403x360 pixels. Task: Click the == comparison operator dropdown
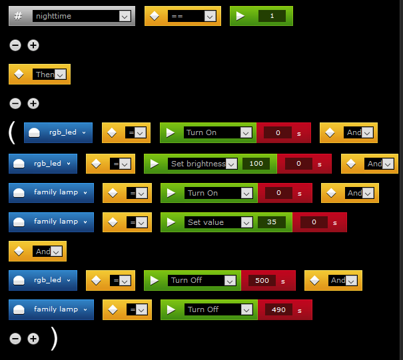(x=192, y=16)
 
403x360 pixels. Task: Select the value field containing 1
(x=272, y=16)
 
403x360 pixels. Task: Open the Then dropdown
(x=49, y=75)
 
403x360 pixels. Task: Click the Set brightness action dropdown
(x=202, y=164)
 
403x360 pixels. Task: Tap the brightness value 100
(x=256, y=164)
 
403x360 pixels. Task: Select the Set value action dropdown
(x=218, y=222)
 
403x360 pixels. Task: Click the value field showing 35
(x=272, y=222)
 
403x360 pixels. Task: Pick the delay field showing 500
(x=262, y=280)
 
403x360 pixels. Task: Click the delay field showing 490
(x=278, y=309)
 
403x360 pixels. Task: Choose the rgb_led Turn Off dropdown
(x=202, y=280)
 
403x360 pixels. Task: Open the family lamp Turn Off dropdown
(x=218, y=309)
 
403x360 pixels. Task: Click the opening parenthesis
(x=12, y=132)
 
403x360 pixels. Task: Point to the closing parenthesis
(x=54, y=339)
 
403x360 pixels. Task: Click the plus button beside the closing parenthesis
(x=33, y=339)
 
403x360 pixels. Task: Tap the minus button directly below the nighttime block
(x=15, y=45)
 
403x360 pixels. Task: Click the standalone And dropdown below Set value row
(x=47, y=252)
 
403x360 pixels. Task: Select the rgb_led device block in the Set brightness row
(x=43, y=164)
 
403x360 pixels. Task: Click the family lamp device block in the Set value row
(x=51, y=222)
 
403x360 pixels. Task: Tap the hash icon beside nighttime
(x=18, y=16)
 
